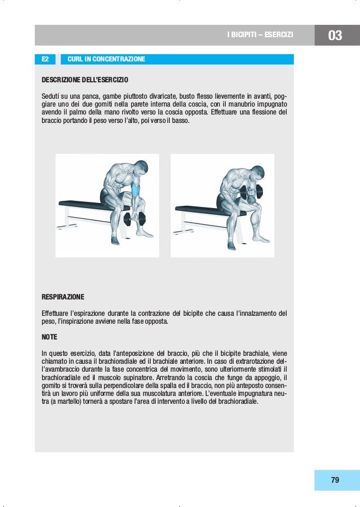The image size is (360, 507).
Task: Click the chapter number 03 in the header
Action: pos(335,36)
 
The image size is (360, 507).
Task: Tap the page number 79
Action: pos(335,480)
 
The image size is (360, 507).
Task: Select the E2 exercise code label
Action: pos(46,59)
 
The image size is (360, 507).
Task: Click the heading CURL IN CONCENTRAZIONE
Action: pos(106,59)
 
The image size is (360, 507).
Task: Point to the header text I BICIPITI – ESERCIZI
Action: pos(260,36)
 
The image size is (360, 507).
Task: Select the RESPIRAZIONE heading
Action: pos(63,296)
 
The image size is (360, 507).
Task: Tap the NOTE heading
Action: pos(50,337)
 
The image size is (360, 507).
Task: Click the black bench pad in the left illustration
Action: pos(85,204)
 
